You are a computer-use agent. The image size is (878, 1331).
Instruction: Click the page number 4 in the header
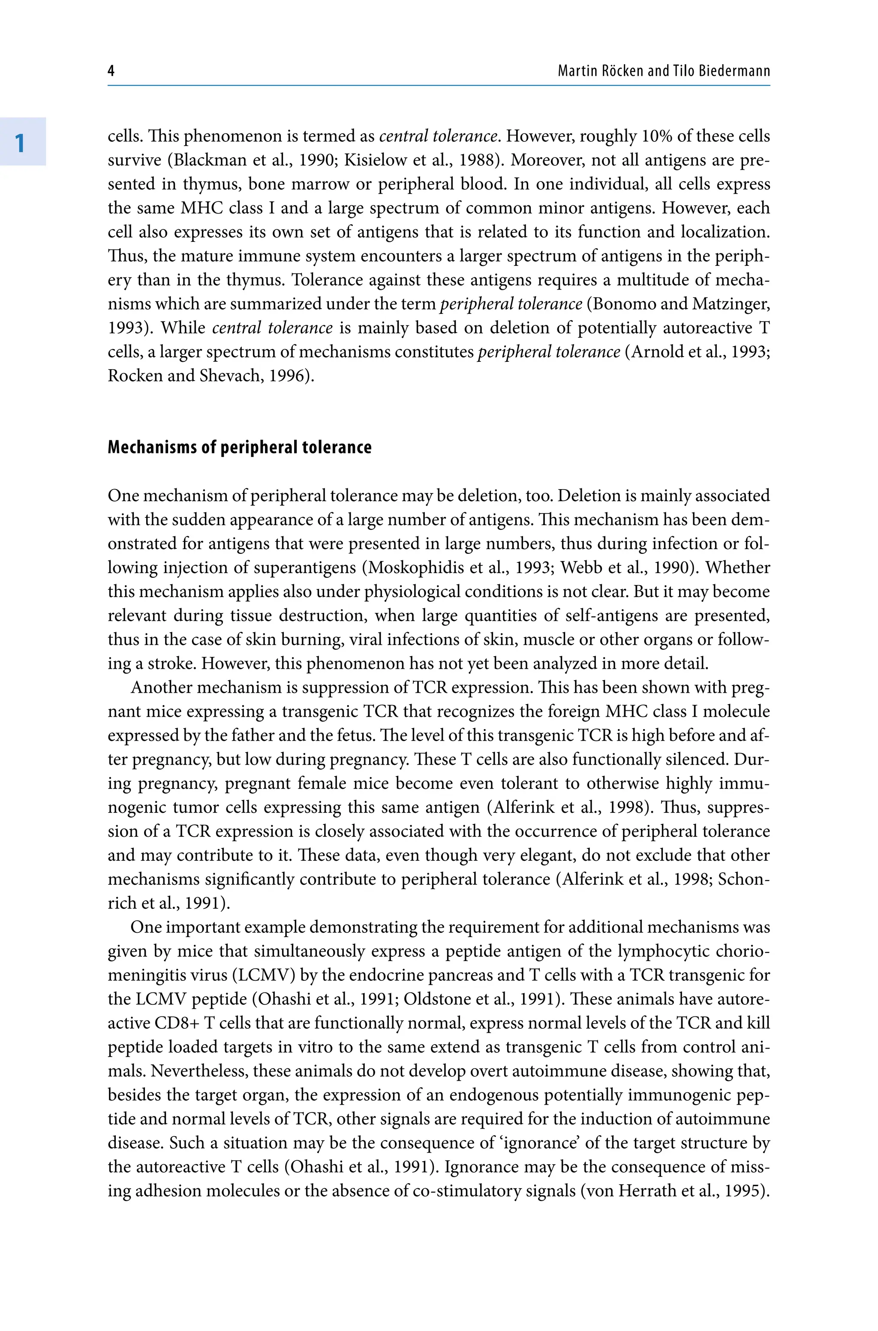pyautogui.click(x=111, y=71)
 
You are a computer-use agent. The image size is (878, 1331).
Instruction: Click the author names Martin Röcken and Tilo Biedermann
pyautogui.click(x=664, y=71)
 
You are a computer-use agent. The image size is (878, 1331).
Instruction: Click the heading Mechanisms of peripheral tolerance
pyautogui.click(x=239, y=447)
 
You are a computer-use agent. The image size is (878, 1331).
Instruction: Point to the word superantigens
pyautogui.click(x=305, y=568)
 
